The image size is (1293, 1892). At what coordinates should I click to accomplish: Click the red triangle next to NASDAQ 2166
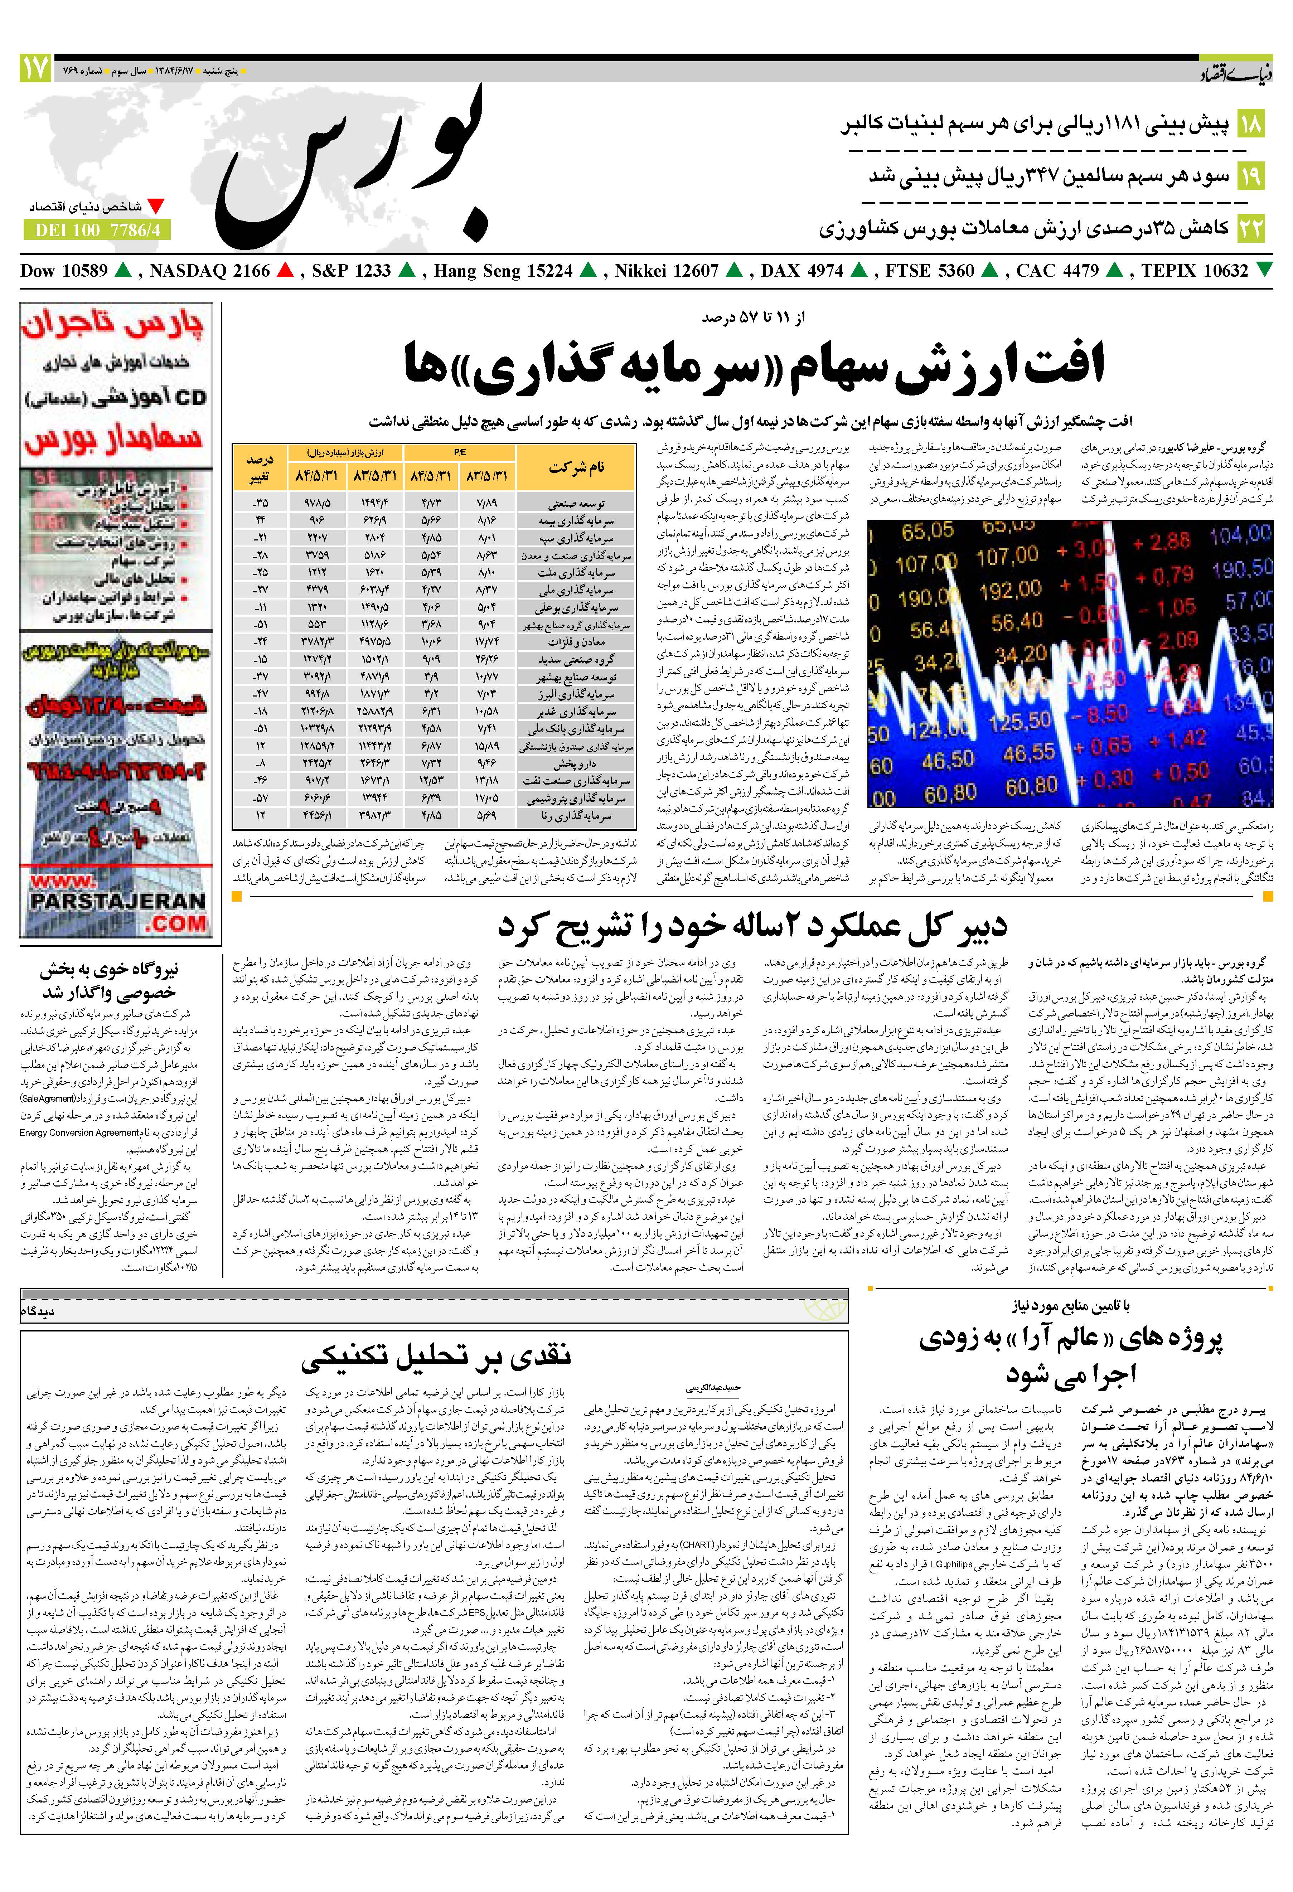(x=285, y=270)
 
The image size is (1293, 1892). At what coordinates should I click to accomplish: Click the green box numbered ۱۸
(x=1251, y=125)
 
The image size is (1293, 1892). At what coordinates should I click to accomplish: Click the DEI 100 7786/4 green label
(x=98, y=231)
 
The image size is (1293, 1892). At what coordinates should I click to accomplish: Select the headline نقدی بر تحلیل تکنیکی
(x=436, y=1356)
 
